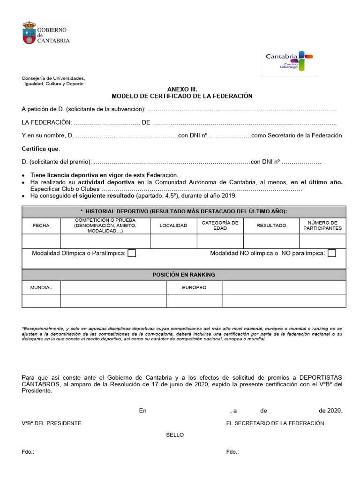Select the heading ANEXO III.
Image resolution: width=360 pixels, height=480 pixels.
[x=182, y=89]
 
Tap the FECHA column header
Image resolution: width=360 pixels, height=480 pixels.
[x=41, y=225]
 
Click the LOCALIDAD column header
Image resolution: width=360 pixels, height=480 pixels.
[x=173, y=225]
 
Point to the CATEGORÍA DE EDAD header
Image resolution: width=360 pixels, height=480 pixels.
[x=220, y=225]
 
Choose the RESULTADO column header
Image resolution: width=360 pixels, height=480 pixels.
[x=271, y=225]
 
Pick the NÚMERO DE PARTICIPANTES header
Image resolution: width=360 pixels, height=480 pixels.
[x=322, y=225]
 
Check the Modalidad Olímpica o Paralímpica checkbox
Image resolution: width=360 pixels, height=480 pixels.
[x=132, y=253]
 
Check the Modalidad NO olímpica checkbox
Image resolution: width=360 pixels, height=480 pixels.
[x=332, y=253]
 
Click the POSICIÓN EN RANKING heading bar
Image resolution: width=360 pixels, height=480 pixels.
[x=184, y=275]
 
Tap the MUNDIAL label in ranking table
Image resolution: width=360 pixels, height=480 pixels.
[x=41, y=287]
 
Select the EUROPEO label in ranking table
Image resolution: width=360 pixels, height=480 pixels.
[x=194, y=287]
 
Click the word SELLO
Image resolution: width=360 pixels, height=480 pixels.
[x=175, y=435]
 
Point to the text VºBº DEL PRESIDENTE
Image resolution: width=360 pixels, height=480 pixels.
[x=52, y=423]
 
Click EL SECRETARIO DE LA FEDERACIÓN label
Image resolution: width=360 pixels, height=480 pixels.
[x=275, y=423]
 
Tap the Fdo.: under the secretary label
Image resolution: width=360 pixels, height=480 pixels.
[x=232, y=452]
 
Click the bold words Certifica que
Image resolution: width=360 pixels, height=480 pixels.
[x=41, y=149]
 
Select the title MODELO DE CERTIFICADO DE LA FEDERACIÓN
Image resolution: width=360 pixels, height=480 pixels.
[x=182, y=96]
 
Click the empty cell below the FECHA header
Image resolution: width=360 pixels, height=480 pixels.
[x=41, y=241]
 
